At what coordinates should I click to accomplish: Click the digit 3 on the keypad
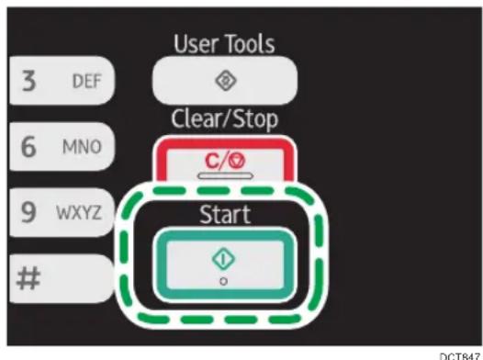click(28, 81)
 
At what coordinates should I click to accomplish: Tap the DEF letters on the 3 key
click(86, 82)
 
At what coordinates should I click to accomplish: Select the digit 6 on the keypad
click(28, 147)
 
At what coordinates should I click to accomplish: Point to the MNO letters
click(82, 147)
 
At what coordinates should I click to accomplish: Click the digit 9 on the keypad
click(28, 212)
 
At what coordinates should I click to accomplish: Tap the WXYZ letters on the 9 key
click(79, 212)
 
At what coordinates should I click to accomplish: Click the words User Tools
click(224, 44)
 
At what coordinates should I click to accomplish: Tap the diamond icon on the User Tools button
click(225, 81)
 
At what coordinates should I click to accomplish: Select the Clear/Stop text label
click(225, 119)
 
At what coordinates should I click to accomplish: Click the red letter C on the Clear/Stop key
click(212, 161)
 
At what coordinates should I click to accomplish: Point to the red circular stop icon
click(238, 161)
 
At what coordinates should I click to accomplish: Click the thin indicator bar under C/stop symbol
click(225, 175)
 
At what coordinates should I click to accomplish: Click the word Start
click(225, 214)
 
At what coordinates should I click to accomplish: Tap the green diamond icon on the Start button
click(224, 259)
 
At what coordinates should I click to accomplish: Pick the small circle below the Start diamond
click(224, 281)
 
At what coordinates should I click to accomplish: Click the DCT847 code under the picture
click(460, 356)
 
